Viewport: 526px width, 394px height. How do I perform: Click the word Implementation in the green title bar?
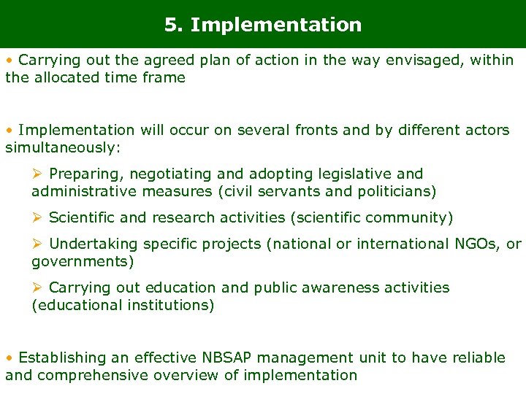(275, 25)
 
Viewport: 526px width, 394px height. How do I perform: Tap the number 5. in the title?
(174, 25)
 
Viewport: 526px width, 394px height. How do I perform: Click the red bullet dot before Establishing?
(9, 358)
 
